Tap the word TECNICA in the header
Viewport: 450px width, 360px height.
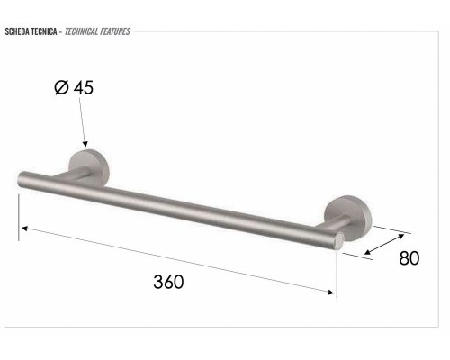pyautogui.click(x=43, y=31)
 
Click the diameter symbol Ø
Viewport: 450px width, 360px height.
pyautogui.click(x=61, y=88)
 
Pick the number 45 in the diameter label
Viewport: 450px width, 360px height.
pyautogui.click(x=83, y=88)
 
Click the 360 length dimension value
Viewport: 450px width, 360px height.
pyautogui.click(x=168, y=282)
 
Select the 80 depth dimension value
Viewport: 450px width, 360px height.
pyautogui.click(x=409, y=258)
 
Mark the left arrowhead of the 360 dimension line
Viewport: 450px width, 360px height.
pyautogui.click(x=25, y=228)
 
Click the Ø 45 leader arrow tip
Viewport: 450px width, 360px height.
pyautogui.click(x=86, y=144)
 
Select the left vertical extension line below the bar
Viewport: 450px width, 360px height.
pyautogui.click(x=19, y=216)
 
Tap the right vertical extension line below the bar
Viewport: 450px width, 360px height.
pyautogui.click(x=336, y=274)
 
